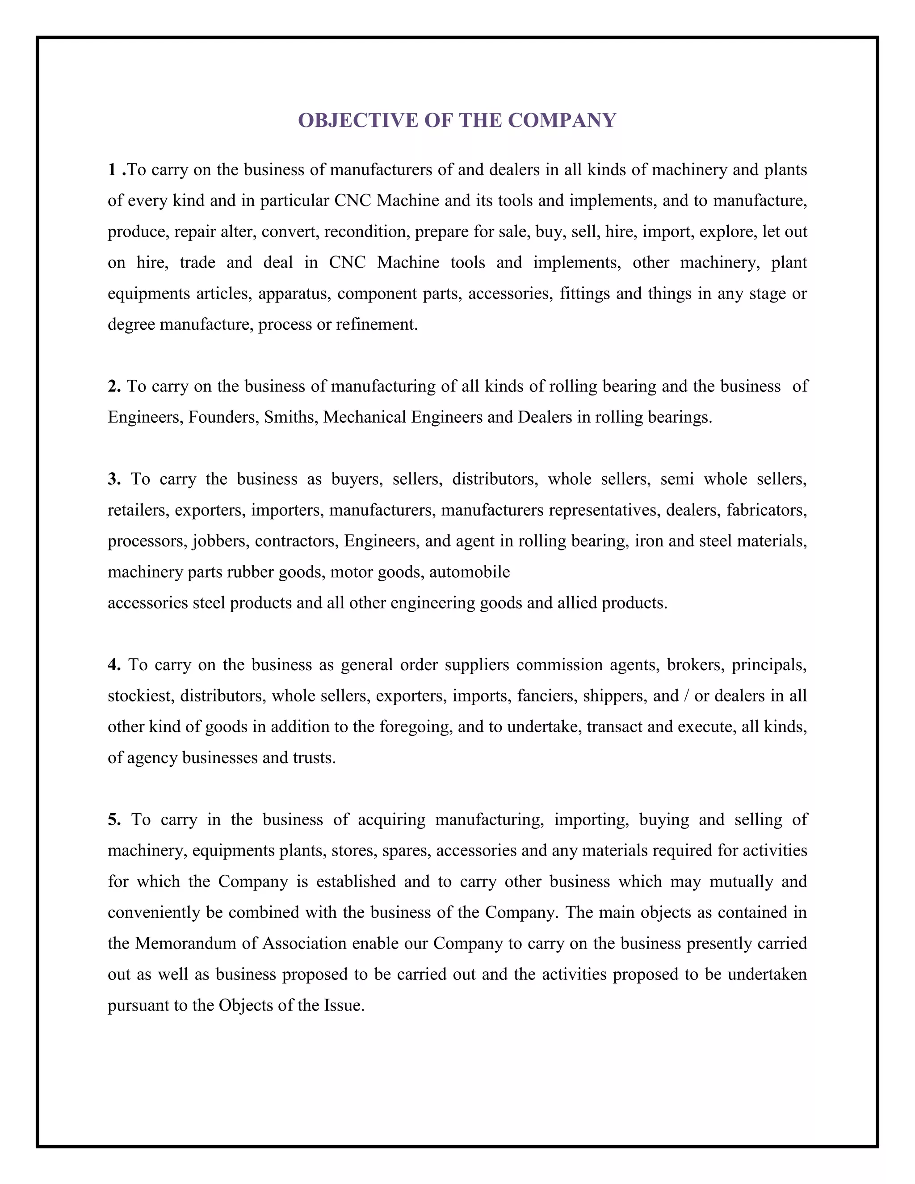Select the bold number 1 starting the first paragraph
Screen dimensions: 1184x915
[x=112, y=170]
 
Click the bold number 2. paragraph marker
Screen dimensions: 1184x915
[x=114, y=386]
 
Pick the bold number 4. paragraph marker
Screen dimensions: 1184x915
[x=114, y=665]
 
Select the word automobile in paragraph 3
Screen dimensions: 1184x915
[x=470, y=572]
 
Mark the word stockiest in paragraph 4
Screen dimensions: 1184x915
[x=140, y=696]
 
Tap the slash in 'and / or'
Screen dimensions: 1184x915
[x=687, y=696]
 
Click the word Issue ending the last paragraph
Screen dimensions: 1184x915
[x=344, y=1005]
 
